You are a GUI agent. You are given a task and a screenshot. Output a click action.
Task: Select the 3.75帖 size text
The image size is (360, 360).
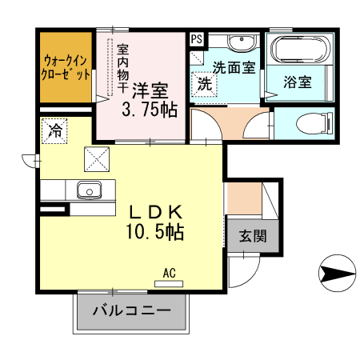pos(150,110)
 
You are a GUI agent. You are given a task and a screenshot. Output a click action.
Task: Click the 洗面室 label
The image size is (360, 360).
pos(234,68)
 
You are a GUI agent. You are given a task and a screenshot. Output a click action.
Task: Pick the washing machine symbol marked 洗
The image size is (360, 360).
pos(205,83)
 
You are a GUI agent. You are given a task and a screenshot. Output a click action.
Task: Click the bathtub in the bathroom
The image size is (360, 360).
pos(298,50)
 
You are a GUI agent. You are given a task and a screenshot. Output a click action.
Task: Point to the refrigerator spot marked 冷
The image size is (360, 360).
pos(55,129)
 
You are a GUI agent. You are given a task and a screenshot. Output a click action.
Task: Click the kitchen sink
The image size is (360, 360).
pos(87,190)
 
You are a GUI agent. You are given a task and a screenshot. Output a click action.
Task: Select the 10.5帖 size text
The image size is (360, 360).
pos(154,234)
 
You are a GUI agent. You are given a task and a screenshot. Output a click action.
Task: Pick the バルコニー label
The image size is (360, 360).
pos(131,311)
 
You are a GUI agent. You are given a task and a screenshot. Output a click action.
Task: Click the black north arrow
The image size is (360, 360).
pos(337,274)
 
